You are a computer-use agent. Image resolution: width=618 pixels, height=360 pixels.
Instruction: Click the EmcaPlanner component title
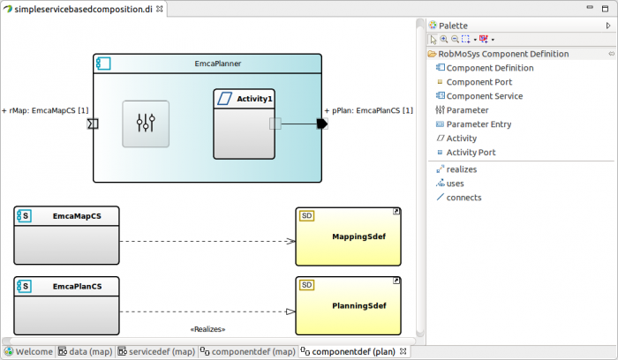218,64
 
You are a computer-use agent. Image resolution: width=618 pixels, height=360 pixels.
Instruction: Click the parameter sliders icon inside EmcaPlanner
146,124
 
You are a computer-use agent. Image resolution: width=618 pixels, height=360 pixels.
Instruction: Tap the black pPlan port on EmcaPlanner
321,124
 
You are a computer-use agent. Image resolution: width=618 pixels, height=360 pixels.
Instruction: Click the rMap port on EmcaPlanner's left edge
93,124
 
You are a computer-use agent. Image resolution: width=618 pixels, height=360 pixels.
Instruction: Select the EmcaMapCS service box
66,230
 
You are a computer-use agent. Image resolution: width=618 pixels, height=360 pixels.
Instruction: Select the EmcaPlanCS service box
66,301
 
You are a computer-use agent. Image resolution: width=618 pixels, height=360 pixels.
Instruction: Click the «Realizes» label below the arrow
207,329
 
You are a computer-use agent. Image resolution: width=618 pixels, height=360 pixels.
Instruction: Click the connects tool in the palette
463,198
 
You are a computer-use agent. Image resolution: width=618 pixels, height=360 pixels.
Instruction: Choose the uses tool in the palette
455,184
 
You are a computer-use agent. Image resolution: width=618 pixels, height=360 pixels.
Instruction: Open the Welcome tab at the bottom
28,351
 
